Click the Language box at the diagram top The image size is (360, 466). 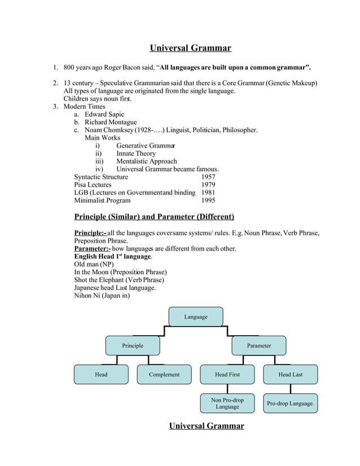[x=196, y=316]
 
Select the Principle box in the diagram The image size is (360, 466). [x=133, y=345]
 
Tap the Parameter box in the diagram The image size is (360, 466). [x=258, y=345]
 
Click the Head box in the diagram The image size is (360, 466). [x=101, y=374]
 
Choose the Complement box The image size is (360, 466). [x=164, y=374]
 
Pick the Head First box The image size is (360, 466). [x=227, y=374]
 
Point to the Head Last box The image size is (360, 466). [x=290, y=374]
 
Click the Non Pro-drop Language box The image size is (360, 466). [x=227, y=403]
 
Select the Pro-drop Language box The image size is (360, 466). [x=290, y=403]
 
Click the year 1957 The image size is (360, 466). [x=208, y=177]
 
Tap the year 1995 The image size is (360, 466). [x=208, y=200]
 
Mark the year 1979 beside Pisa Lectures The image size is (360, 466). [x=208, y=184]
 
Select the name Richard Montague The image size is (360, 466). [x=111, y=122]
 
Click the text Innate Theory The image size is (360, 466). [x=136, y=153]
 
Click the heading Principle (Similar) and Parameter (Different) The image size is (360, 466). [x=154, y=217]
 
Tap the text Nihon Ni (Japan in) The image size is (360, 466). [x=102, y=295]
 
